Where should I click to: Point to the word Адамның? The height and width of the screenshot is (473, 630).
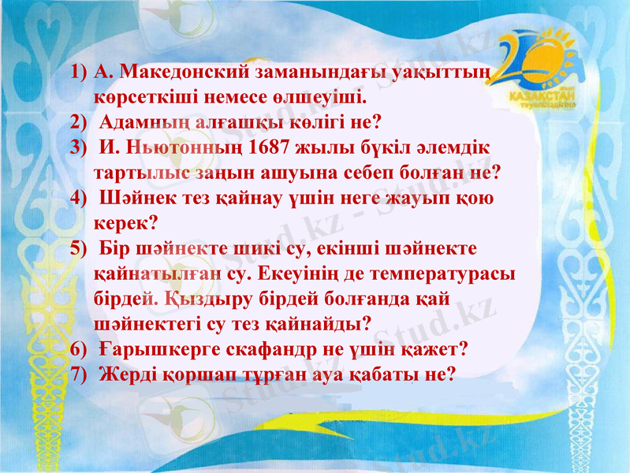coord(140,123)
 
